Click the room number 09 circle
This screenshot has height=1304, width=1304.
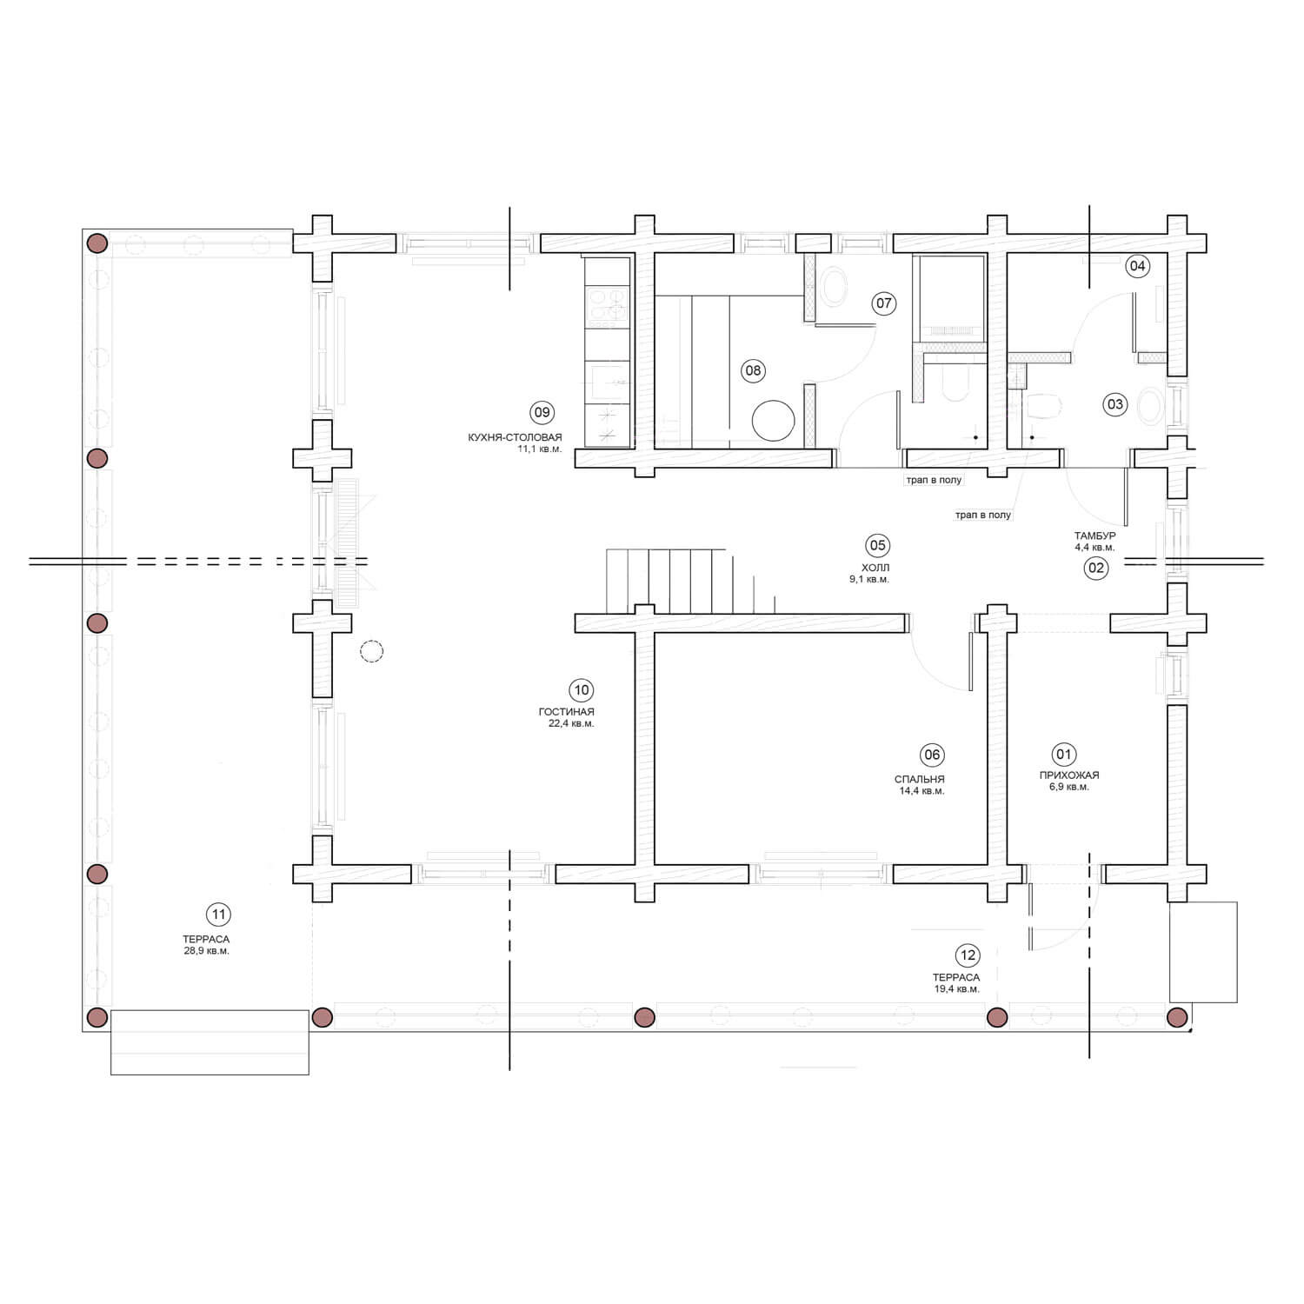coord(542,412)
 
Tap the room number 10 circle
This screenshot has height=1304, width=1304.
coord(581,690)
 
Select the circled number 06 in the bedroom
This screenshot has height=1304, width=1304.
coord(932,755)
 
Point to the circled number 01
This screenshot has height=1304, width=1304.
coord(1063,754)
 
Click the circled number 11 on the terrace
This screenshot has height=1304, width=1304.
coord(218,914)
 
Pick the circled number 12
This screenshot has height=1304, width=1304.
coord(968,955)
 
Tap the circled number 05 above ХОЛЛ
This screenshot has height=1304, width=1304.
coord(877,545)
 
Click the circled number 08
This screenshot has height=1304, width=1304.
coord(753,370)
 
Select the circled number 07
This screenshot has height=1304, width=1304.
coord(884,303)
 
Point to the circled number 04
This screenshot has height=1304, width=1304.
coord(1137,266)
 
